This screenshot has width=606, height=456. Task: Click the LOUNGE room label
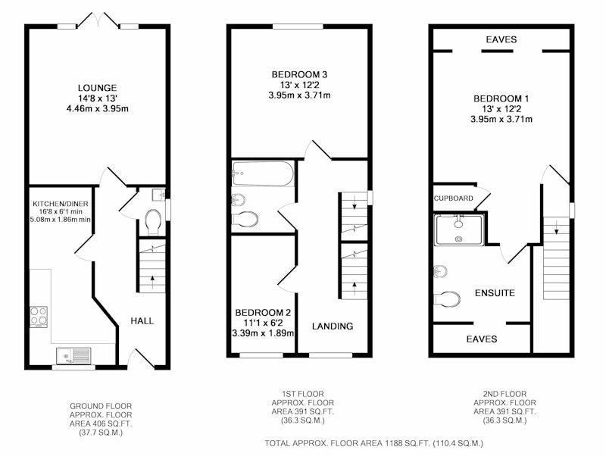click(98, 88)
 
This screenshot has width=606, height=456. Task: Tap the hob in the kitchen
click(39, 317)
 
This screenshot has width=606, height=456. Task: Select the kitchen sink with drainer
click(73, 355)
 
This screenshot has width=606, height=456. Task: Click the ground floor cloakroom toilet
click(154, 222)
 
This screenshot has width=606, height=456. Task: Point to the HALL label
click(142, 320)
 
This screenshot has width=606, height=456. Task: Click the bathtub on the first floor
click(263, 173)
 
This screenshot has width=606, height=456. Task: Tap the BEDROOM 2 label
click(263, 312)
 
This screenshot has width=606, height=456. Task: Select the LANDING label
click(333, 326)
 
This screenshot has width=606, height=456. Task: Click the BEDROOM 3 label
click(299, 74)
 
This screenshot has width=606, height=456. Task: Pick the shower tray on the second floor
click(459, 230)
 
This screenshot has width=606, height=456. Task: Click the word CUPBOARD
click(453, 198)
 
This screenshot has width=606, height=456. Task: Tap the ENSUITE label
click(495, 293)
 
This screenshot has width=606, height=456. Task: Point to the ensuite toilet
click(447, 299)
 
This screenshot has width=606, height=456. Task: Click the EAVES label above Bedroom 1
click(501, 39)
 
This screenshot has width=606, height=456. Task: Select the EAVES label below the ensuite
click(482, 339)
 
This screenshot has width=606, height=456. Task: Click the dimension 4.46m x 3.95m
click(98, 109)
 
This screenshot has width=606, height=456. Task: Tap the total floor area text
click(373, 443)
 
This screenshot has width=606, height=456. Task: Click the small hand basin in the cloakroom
click(158, 195)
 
